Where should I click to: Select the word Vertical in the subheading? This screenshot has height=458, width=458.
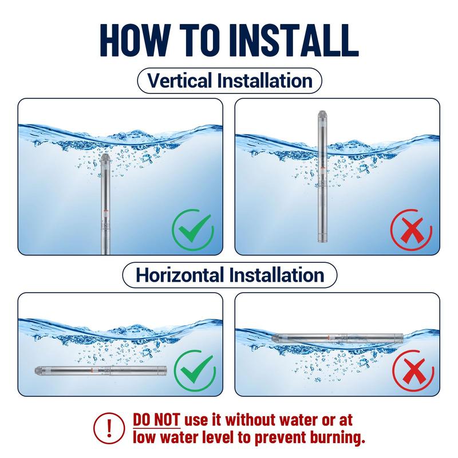pos(180,80)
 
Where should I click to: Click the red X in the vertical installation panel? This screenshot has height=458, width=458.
pos(411,230)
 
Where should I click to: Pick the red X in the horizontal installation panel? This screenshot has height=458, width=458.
pos(413,371)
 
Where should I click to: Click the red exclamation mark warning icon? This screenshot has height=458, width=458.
pos(109,428)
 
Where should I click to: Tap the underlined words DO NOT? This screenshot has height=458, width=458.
pos(156,420)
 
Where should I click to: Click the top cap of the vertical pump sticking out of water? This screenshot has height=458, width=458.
pos(322,115)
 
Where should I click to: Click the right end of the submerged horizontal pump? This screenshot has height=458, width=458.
pos(165,371)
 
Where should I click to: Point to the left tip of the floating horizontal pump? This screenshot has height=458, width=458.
pos(273,338)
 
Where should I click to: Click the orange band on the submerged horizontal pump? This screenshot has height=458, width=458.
pos(92,370)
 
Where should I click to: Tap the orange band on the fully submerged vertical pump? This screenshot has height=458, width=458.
pos(105,211)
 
